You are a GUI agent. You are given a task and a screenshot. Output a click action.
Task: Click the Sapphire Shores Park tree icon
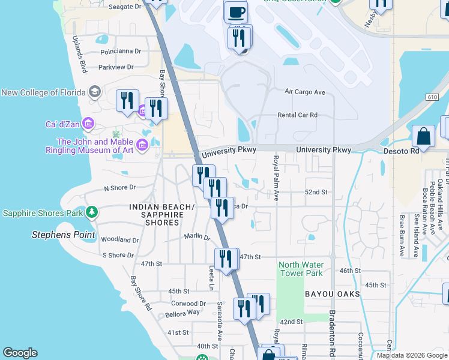tap(91, 212)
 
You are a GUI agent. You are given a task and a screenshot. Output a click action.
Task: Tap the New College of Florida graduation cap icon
tap(94, 92)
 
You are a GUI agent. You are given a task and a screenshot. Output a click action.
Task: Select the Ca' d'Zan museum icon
tap(88, 124)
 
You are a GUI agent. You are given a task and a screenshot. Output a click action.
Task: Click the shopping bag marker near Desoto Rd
tap(424, 136)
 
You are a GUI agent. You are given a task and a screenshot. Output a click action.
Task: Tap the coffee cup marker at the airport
tap(235, 12)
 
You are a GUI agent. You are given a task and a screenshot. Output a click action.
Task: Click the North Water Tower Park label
tap(301, 269)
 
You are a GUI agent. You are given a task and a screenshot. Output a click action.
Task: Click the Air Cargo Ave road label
tap(304, 92)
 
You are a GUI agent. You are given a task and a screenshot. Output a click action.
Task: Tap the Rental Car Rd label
tap(297, 115)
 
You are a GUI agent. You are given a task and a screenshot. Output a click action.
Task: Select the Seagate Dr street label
tap(125, 7)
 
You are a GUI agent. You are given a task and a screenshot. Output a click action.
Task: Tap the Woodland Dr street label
tap(120, 240)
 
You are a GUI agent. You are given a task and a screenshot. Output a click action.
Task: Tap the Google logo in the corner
tap(20, 353)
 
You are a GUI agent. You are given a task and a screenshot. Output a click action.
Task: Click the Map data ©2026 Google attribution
tap(412, 355)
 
